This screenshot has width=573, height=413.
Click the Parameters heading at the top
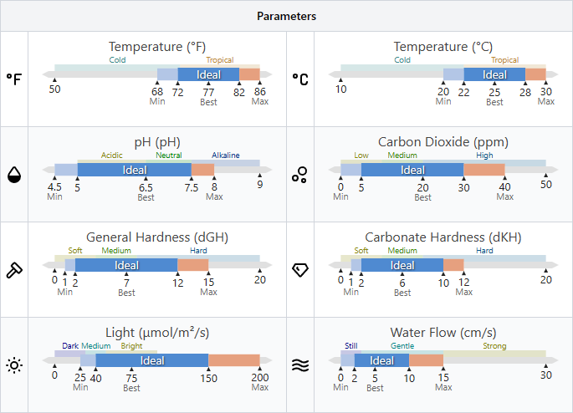pyautogui.click(x=286, y=16)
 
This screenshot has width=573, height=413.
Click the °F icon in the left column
pyautogui.click(x=14, y=79)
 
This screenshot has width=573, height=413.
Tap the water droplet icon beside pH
pyautogui.click(x=14, y=174)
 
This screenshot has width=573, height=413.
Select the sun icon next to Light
pyautogui.click(x=14, y=365)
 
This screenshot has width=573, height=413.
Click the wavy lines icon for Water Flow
pyautogui.click(x=299, y=365)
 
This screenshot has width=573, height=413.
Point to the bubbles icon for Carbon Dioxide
pyautogui.click(x=299, y=174)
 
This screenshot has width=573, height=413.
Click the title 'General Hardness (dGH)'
pyautogui.click(x=157, y=237)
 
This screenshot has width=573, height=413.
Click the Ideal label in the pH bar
pyautogui.click(x=135, y=170)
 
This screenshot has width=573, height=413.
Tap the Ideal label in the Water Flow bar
pyautogui.click(x=381, y=360)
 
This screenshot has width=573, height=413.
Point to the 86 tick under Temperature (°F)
pyautogui.click(x=259, y=91)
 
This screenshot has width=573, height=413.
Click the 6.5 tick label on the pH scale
pyautogui.click(x=146, y=186)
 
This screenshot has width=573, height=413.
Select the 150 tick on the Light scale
pyautogui.click(x=208, y=376)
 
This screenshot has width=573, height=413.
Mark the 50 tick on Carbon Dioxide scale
pyautogui.click(x=545, y=185)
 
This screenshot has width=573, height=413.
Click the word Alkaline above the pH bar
pyautogui.click(x=225, y=156)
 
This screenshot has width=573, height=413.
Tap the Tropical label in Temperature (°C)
pyautogui.click(x=504, y=60)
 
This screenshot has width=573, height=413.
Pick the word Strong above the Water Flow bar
pyautogui.click(x=494, y=346)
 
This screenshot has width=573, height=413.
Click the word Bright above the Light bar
pyautogui.click(x=132, y=346)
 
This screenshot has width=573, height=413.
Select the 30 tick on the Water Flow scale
pyautogui.click(x=545, y=375)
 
